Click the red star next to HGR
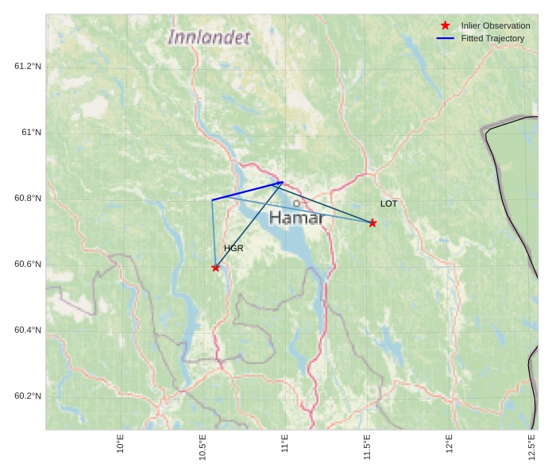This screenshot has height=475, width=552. (215, 268)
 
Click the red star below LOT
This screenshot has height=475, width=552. (373, 222)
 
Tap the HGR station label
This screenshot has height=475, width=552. (234, 249)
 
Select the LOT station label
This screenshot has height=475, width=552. (388, 204)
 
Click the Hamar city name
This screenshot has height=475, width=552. (296, 218)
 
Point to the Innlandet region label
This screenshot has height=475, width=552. (209, 37)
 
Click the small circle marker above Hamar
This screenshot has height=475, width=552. (296, 203)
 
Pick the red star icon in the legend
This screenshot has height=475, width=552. (445, 26)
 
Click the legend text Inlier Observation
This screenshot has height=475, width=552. (496, 26)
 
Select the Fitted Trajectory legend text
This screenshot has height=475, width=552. (492, 39)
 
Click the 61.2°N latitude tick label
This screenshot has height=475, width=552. (27, 66)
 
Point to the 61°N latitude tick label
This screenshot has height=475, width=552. (31, 132)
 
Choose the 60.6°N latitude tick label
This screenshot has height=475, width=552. (27, 265)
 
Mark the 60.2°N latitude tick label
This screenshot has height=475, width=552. (27, 396)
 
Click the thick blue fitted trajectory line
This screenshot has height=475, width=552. (247, 191)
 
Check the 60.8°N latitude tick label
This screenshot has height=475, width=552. (27, 198)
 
